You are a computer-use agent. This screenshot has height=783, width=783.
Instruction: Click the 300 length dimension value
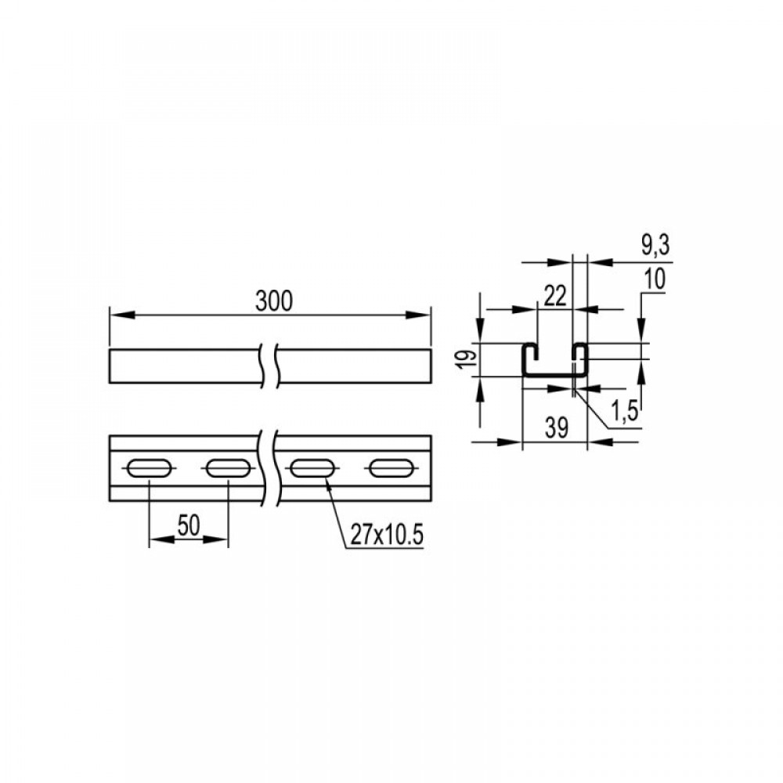(273, 301)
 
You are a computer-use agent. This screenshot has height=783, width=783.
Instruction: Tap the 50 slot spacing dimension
(189, 525)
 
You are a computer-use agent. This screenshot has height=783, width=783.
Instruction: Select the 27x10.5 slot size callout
(387, 536)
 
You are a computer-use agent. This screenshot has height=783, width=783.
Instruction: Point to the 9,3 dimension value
(655, 246)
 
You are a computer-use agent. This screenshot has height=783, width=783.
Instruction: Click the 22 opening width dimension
(555, 296)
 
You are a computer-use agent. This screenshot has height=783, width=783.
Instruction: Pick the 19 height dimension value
(467, 359)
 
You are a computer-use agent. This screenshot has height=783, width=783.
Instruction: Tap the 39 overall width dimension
(556, 428)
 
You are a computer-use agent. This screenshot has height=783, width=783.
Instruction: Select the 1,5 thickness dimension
(625, 412)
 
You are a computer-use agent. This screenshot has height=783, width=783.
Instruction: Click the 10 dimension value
(655, 280)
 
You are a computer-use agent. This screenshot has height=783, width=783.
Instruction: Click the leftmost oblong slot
(150, 468)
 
